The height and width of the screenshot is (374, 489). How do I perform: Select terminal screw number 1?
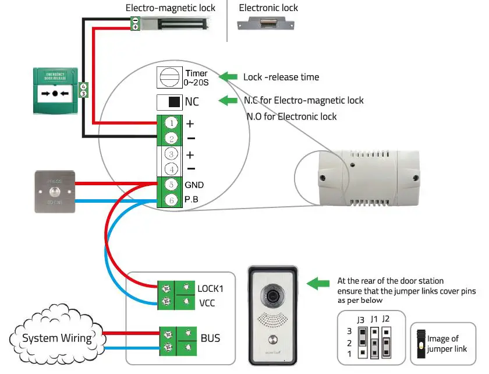coord(171,124)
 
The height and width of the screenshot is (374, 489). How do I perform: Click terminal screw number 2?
coord(171,139)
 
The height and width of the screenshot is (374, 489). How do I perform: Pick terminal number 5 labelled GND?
coord(171,185)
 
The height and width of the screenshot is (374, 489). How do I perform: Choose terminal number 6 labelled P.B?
coord(171,200)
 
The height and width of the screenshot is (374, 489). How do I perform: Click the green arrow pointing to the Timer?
coord(228,76)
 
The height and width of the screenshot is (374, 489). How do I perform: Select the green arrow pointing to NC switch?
coord(228,101)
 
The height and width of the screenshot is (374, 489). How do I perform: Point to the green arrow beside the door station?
coord(317,284)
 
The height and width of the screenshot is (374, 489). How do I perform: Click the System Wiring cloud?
coord(56,338)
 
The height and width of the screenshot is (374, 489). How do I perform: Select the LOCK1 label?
coord(211,288)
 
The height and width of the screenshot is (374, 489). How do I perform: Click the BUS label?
coord(210,338)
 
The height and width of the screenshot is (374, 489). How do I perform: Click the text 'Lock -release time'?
coord(281,77)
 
